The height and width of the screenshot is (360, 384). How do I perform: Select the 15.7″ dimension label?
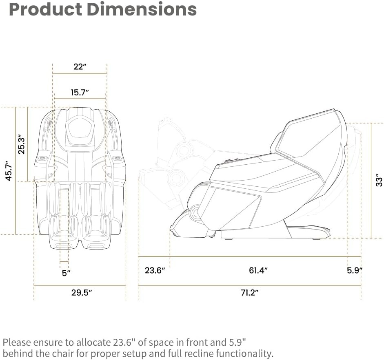pyautogui.click(x=80, y=93)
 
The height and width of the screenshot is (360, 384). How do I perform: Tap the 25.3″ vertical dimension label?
pyautogui.click(x=22, y=145)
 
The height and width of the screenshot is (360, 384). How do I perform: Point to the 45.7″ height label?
pyautogui.click(x=9, y=171)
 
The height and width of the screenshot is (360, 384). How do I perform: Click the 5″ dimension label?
pyautogui.click(x=66, y=273)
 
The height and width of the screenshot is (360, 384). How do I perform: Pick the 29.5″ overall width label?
pyautogui.click(x=80, y=292)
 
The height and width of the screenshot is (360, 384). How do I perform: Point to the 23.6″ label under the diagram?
pyautogui.click(x=155, y=270)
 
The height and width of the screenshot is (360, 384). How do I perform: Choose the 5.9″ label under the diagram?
pyautogui.click(x=355, y=270)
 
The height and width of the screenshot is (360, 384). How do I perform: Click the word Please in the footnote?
pyautogui.click(x=16, y=342)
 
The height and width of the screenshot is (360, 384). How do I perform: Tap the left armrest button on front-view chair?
pyautogui.click(x=43, y=157)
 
